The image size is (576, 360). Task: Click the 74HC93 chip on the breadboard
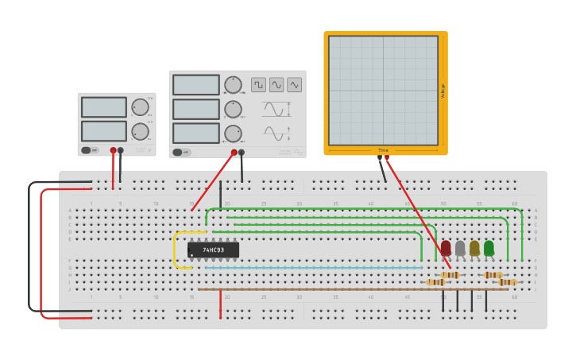[213, 250]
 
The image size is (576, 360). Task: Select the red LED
[446, 248]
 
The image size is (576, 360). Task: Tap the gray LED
[460, 248]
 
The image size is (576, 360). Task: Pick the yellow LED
[474, 248]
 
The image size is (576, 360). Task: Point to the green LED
[489, 248]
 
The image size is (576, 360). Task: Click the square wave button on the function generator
[258, 84]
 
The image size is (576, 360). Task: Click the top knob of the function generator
[233, 85]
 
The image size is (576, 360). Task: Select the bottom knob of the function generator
[233, 133]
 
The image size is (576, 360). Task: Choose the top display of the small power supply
[103, 107]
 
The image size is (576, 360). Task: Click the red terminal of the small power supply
[113, 150]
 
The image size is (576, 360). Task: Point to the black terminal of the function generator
[242, 153]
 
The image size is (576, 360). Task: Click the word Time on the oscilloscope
[383, 150]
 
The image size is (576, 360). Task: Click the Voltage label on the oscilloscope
[443, 91]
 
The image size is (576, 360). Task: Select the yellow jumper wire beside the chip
[176, 250]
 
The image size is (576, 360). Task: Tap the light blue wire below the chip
[310, 268]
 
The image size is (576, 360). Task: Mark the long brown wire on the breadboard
[350, 289]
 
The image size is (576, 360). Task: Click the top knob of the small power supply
[140, 107]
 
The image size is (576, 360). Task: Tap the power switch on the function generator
[182, 152]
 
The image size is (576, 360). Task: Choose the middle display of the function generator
[195, 109]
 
